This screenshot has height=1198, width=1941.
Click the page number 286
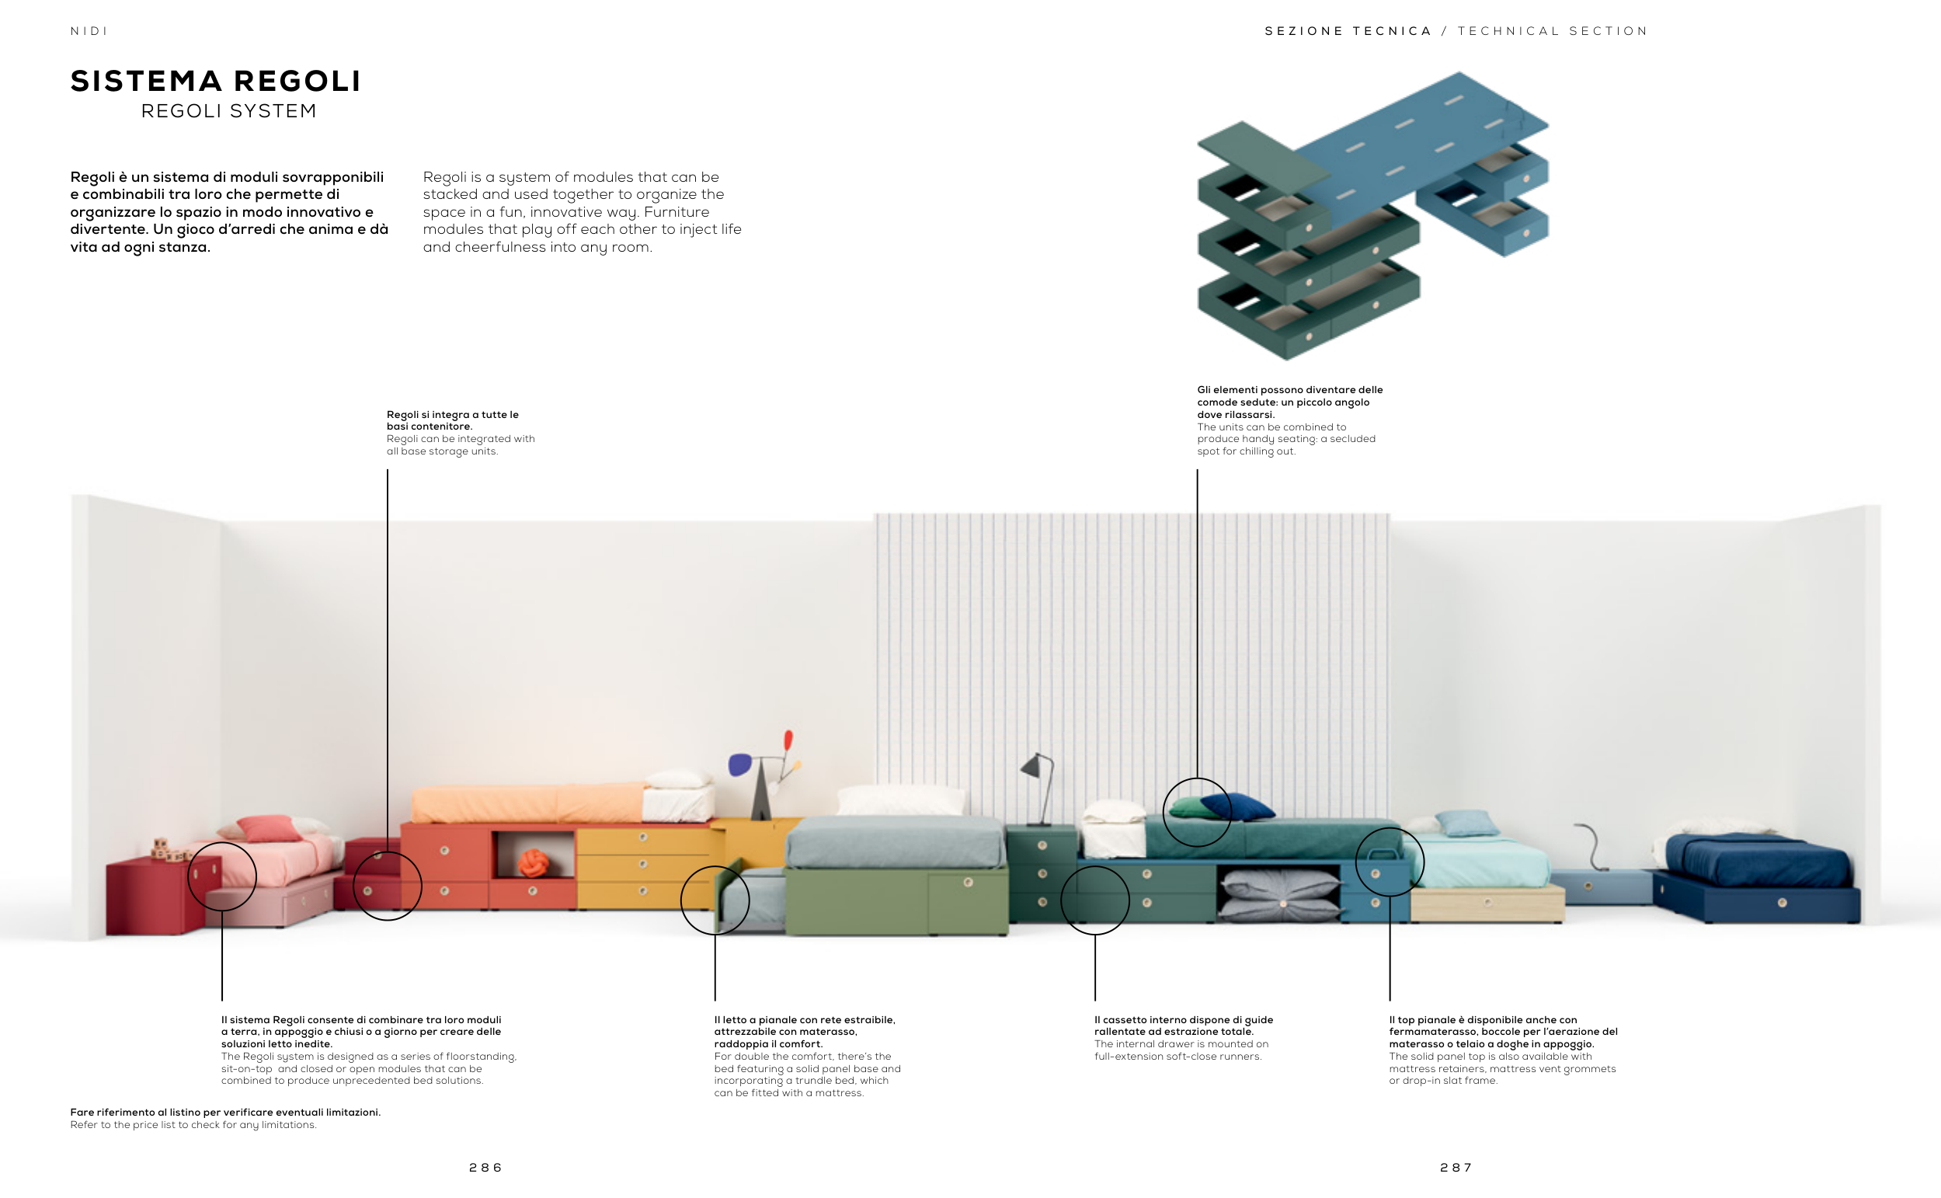[x=485, y=1167]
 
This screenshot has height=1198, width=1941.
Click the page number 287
[x=1456, y=1167]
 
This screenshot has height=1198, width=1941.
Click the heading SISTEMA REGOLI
[x=215, y=81]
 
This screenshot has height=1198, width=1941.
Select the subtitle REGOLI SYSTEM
[x=229, y=111]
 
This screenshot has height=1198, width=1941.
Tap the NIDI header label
[x=89, y=31]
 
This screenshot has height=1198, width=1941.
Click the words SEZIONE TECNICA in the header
[x=1348, y=31]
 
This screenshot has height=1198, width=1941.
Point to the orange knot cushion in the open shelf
[x=533, y=862]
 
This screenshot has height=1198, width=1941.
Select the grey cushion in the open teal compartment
[x=1279, y=893]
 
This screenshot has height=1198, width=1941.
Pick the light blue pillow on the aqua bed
[x=1467, y=823]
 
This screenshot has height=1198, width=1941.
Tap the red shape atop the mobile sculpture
[x=788, y=740]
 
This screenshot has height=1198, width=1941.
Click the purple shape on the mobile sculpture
[x=739, y=764]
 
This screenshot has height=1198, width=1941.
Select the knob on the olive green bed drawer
[x=968, y=883]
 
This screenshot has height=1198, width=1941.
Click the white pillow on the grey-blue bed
[x=901, y=799]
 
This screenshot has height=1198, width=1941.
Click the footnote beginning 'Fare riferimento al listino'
[x=225, y=1118]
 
